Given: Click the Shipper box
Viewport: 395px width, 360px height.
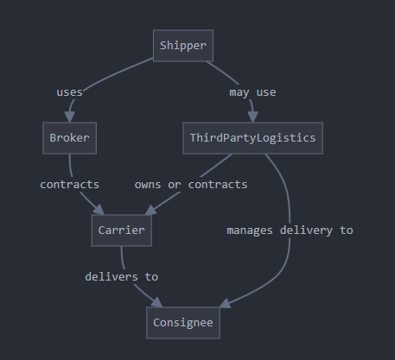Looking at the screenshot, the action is point(183,46).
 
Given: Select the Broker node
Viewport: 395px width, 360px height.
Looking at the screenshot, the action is point(70,138).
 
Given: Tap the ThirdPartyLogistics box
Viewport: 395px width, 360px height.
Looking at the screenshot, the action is point(252,138).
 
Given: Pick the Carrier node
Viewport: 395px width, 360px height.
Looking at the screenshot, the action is point(122,231).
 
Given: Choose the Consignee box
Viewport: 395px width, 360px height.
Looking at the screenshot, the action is point(183,323).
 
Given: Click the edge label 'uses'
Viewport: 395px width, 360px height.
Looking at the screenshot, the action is point(70,92).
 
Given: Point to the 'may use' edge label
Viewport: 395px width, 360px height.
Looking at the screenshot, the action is point(252,92).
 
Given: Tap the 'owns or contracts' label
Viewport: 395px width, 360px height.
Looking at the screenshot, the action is point(191,185).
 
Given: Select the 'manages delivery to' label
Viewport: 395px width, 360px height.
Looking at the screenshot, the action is point(290,231).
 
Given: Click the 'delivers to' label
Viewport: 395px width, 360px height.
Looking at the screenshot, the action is point(122,277).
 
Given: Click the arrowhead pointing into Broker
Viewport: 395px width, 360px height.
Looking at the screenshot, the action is point(70,117).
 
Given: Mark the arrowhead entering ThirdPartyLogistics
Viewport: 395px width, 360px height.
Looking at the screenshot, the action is point(252,117).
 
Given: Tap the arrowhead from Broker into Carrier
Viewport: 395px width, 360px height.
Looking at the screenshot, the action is point(99,210).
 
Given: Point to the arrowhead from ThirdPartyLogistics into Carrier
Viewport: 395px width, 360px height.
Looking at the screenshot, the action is point(151,210).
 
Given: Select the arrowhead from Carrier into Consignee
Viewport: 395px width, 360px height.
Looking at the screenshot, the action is point(157,302).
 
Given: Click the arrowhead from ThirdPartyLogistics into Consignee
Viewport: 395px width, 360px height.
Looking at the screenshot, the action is point(226,304).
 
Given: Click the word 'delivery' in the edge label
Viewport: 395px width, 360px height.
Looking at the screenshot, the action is point(306,231).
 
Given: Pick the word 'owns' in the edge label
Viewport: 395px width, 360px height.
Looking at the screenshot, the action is point(148,185).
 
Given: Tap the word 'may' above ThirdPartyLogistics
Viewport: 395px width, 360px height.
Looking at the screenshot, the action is point(239,93).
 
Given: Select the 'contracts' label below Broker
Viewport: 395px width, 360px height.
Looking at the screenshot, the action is point(70,185).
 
